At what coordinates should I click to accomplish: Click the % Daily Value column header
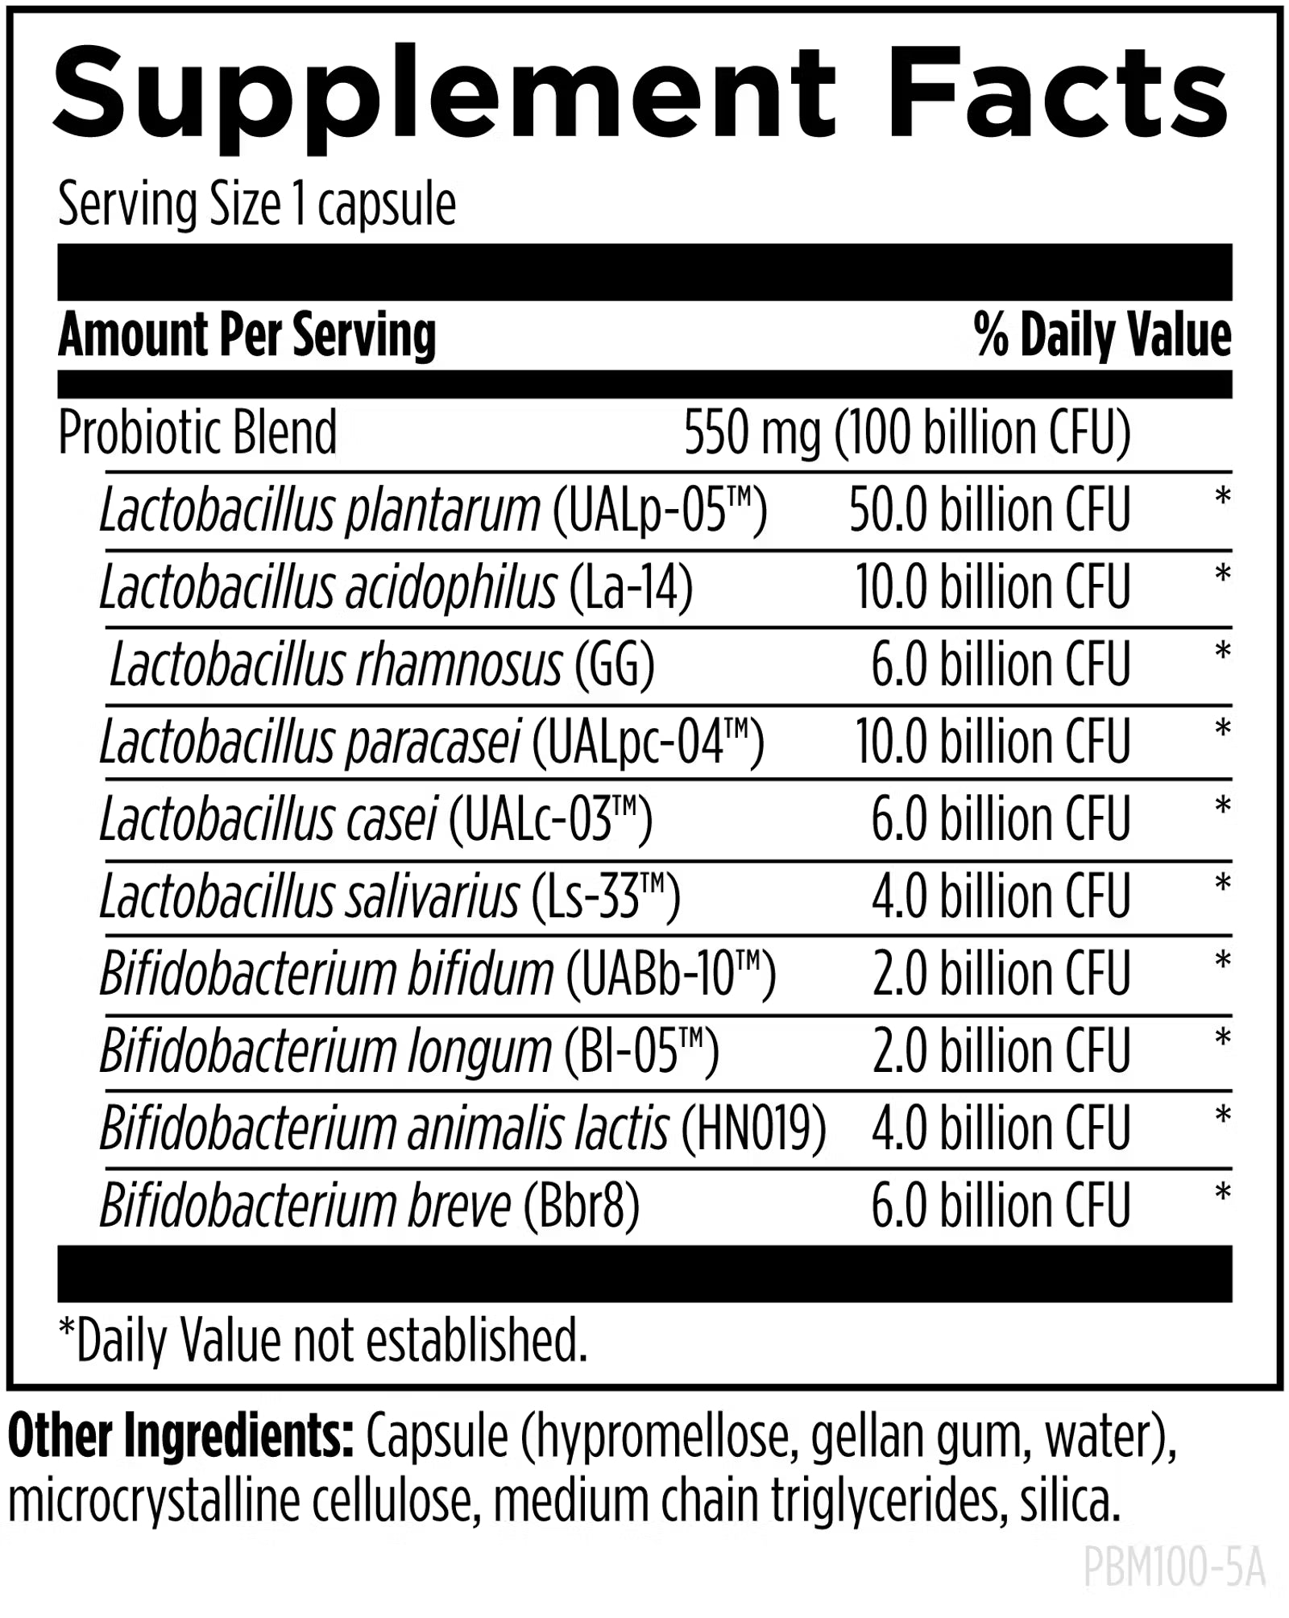pyautogui.click(x=1102, y=335)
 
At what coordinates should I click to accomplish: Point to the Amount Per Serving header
pyautogui.click(x=247, y=335)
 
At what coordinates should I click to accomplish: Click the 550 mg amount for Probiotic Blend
pyautogui.click(x=752, y=433)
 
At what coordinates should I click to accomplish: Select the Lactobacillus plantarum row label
pyautogui.click(x=319, y=511)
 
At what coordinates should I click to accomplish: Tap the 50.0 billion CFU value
pyautogui.click(x=989, y=511)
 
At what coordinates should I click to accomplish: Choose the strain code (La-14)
pyautogui.click(x=631, y=587)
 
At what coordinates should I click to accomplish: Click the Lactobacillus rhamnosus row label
pyautogui.click(x=335, y=665)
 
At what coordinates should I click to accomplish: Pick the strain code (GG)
pyautogui.click(x=614, y=665)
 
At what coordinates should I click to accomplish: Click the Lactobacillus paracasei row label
pyautogui.click(x=310, y=742)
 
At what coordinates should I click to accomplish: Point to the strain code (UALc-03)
pyautogui.click(x=549, y=819)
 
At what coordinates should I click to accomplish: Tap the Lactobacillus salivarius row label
pyautogui.click(x=309, y=896)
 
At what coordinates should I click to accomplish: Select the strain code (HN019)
pyautogui.click(x=753, y=1128)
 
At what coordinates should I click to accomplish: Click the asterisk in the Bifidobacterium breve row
pyautogui.click(x=1222, y=1193)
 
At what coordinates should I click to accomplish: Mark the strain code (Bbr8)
pyautogui.click(x=581, y=1206)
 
